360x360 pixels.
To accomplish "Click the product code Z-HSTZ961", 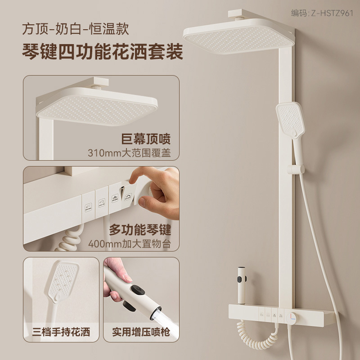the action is pyautogui.click(x=332, y=13).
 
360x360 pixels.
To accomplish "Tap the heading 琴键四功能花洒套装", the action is pyautogui.click(x=103, y=52).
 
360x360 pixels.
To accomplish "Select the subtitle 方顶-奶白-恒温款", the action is pyautogui.click(x=75, y=29).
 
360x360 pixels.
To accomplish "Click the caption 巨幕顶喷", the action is pyautogui.click(x=146, y=139).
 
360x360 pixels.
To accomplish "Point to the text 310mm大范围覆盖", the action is pyautogui.click(x=129, y=153).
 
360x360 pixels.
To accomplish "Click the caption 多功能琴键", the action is pyautogui.click(x=140, y=229).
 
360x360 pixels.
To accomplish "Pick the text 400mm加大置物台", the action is pyautogui.click(x=130, y=244).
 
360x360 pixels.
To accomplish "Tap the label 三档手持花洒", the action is pyautogui.click(x=61, y=332).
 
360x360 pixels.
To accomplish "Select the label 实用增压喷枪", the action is pyautogui.click(x=141, y=332).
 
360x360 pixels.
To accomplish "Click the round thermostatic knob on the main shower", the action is pyautogui.click(x=292, y=318).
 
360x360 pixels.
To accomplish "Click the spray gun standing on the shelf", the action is pyautogui.click(x=241, y=285).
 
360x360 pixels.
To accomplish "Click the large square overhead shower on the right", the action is pyautogui.click(x=239, y=37).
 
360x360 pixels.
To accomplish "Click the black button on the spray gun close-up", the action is pyautogui.click(x=137, y=290).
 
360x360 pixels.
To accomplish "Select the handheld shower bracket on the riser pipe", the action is pyautogui.click(x=296, y=170).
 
